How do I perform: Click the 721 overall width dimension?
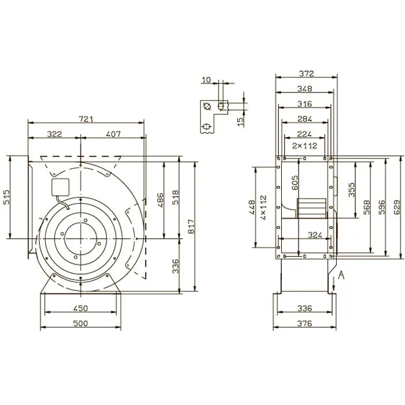pos(86,119)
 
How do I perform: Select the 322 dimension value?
pos(54,134)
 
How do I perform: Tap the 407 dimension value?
pos(113,134)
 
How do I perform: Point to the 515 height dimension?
pos(6,197)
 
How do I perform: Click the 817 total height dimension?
pos(191,227)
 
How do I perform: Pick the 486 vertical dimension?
pos(160,200)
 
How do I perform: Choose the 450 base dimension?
pos(80,308)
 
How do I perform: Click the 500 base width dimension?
pos(80,323)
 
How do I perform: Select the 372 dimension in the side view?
pos(307,73)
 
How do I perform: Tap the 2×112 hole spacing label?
pos(304,146)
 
